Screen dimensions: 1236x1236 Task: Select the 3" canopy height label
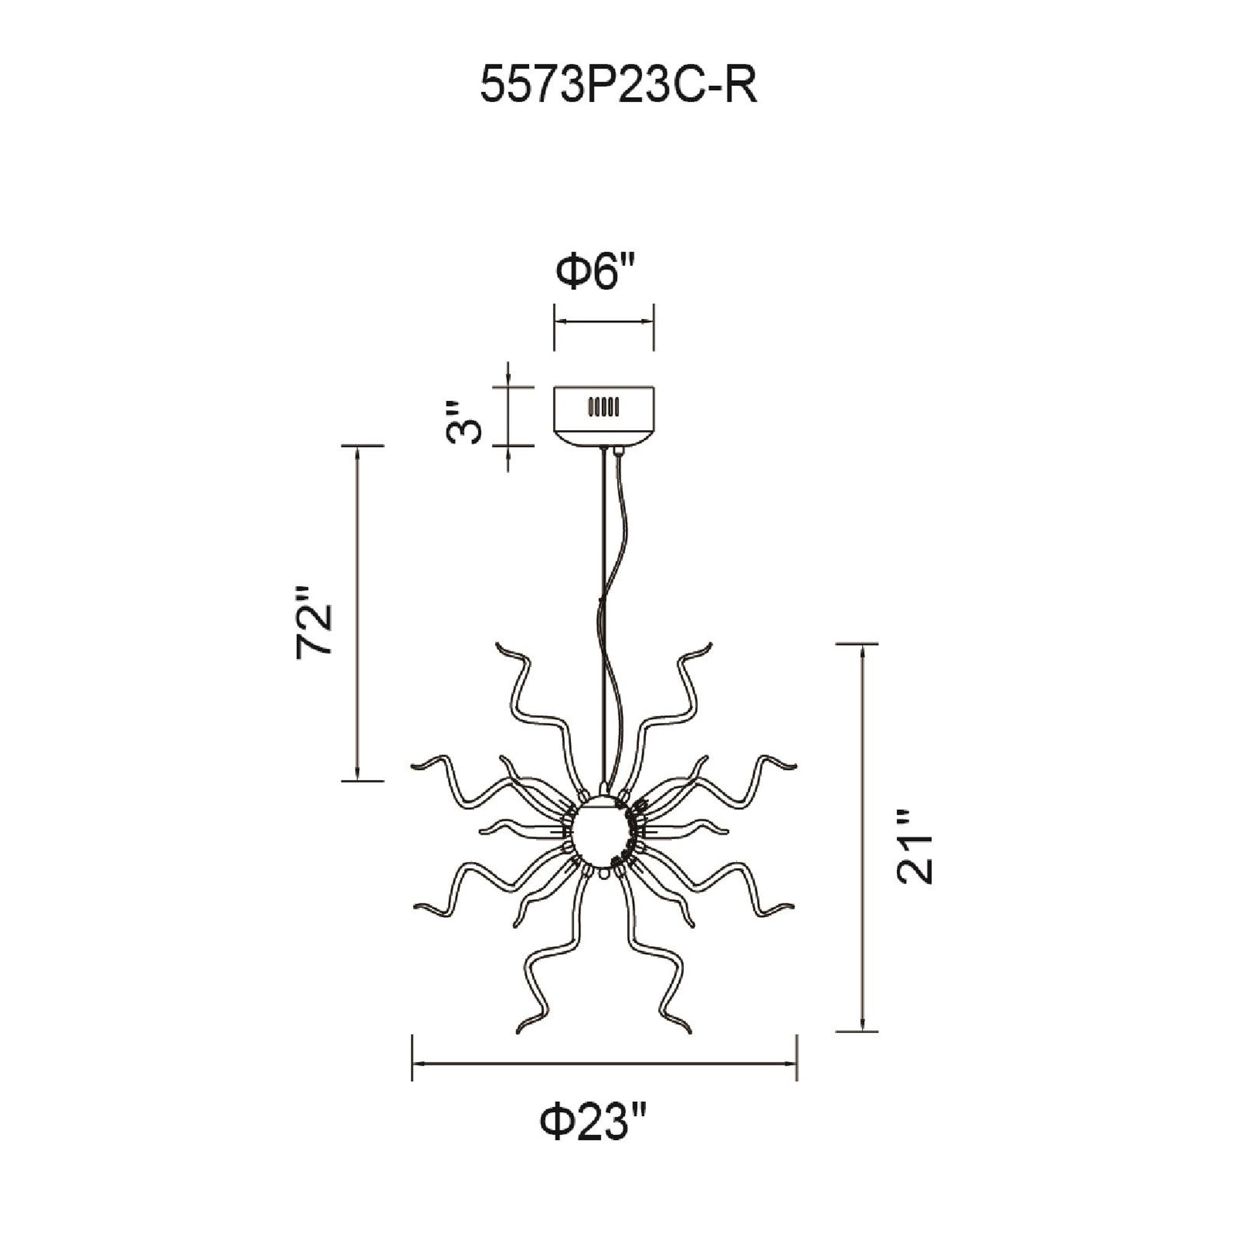coord(462,423)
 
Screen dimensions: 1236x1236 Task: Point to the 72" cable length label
coord(315,620)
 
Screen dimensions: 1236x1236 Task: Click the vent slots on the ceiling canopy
coord(603,407)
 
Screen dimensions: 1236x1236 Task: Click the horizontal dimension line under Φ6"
coord(604,324)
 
